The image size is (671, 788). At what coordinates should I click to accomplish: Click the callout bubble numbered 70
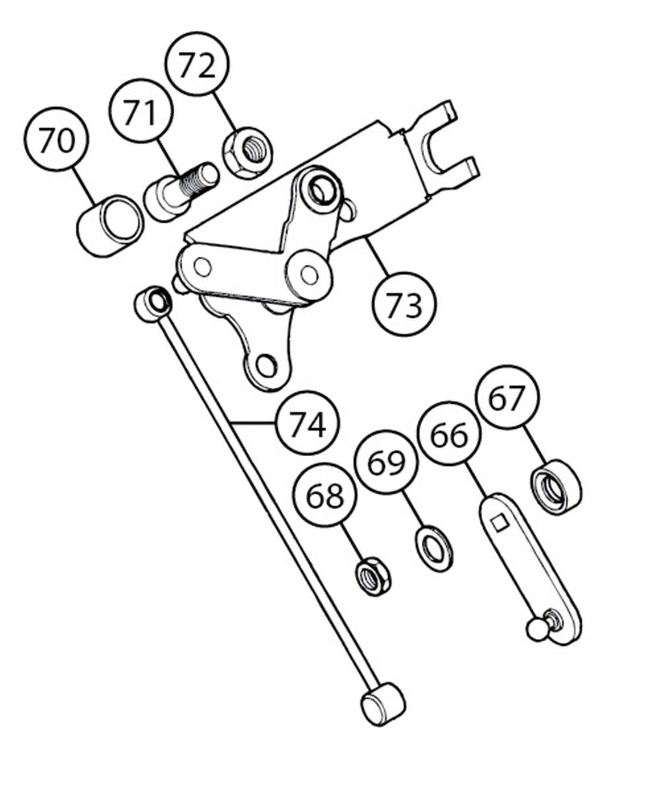tap(56, 139)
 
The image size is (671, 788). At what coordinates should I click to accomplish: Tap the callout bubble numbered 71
tap(142, 111)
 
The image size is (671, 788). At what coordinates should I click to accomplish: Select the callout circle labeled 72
tap(197, 64)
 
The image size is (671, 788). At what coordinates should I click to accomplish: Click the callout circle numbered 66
tap(449, 434)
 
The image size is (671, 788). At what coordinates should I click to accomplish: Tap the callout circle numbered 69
tap(386, 461)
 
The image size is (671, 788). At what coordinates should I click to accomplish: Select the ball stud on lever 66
tap(538, 629)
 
